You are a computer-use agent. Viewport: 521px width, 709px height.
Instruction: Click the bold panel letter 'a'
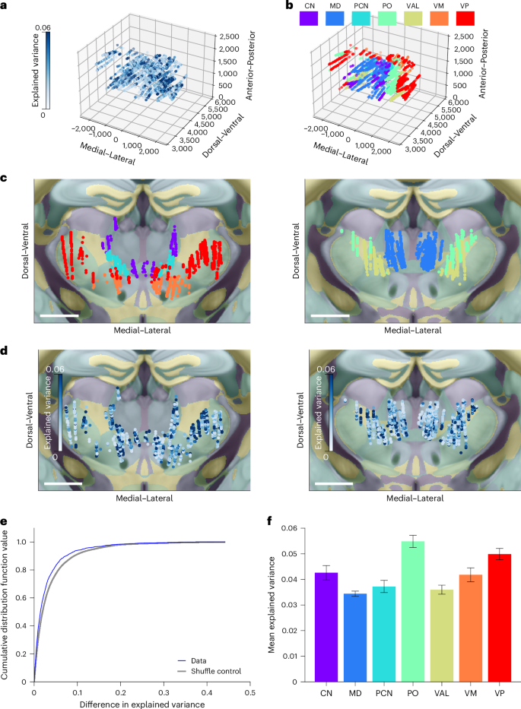(x=5, y=6)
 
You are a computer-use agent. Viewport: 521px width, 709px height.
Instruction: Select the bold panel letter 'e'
(x=5, y=523)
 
